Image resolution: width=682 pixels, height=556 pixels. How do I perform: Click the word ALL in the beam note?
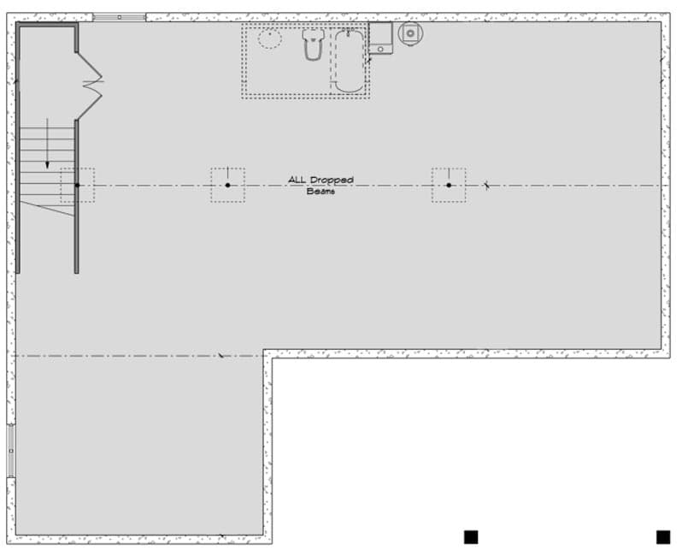tap(297, 180)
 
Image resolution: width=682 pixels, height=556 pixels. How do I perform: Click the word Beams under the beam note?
tap(321, 192)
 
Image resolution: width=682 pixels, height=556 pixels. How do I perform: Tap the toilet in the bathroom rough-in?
tap(312, 44)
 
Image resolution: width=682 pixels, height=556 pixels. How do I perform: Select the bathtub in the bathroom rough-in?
tap(349, 60)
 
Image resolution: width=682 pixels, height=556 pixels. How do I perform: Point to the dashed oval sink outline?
tap(270, 38)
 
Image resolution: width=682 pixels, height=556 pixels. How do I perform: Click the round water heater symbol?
tap(410, 33)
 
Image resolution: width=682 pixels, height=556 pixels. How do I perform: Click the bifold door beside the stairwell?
tap(89, 84)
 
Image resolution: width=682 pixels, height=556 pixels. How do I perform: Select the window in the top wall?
tap(119, 17)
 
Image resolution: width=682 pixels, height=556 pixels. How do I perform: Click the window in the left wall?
tap(11, 450)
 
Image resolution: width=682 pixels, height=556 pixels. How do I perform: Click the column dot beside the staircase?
tap(77, 185)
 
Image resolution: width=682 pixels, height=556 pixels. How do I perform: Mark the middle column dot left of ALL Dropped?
tap(227, 185)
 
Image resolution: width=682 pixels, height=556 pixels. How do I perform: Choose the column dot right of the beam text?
tap(449, 185)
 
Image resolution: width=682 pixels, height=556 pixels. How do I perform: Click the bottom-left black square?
tap(471, 536)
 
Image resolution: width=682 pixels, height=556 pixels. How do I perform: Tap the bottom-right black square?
tap(663, 536)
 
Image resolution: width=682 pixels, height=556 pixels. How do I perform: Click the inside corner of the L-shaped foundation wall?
tap(268, 353)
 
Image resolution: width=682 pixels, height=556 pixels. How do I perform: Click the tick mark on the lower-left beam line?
tap(220, 355)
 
